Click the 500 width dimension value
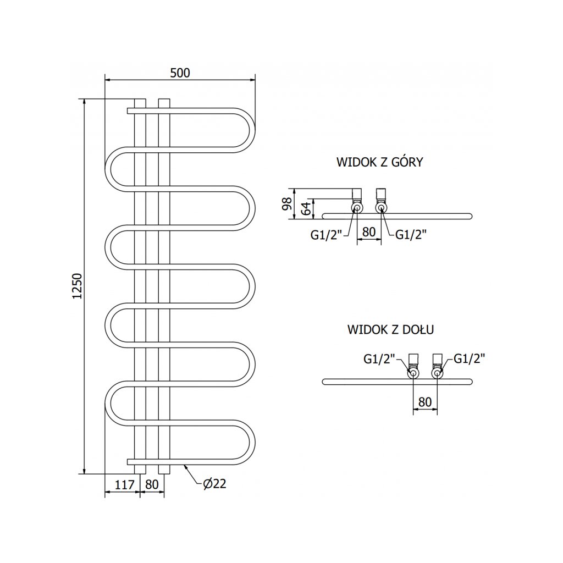[180, 73]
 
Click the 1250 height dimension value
[78, 286]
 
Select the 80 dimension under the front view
[152, 484]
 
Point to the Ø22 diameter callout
[214, 484]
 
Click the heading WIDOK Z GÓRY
[379, 162]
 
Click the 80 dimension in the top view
[369, 232]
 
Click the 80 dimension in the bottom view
[425, 402]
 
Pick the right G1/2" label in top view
[411, 235]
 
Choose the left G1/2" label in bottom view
[379, 359]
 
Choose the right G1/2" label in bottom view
[470, 359]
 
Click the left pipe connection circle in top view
[357, 208]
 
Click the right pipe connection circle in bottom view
[438, 374]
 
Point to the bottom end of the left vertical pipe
[140, 473]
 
